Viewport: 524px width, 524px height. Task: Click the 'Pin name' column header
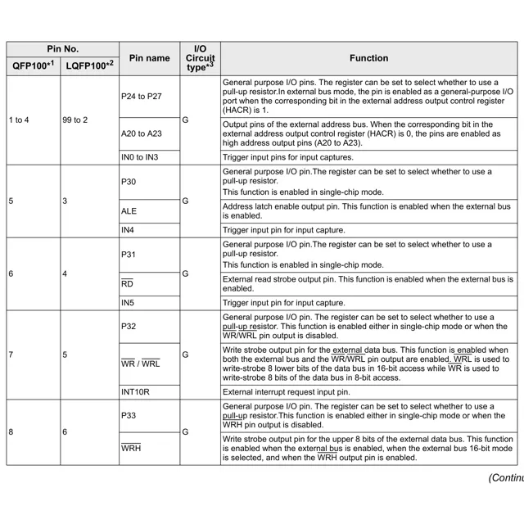149,58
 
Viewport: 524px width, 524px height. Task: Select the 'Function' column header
368,58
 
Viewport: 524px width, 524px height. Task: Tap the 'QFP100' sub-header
31,65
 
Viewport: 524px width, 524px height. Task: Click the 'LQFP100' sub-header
88,65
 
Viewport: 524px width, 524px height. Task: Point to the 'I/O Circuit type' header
200,58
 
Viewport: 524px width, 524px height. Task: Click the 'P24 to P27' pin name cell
142,97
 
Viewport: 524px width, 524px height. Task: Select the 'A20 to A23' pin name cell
142,133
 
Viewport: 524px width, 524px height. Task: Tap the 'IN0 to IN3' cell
140,157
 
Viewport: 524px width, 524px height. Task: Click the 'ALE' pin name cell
129,211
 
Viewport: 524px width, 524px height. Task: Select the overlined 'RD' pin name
127,284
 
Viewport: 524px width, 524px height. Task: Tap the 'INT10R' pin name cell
135,392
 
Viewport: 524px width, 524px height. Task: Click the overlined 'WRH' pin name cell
131,449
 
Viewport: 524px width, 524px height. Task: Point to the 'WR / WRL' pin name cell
141,363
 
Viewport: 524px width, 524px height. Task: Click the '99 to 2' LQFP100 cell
75,120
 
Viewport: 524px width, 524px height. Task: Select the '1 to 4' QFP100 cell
19,120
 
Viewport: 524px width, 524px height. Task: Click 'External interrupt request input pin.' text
297,392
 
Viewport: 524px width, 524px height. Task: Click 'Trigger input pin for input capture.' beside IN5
283,302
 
